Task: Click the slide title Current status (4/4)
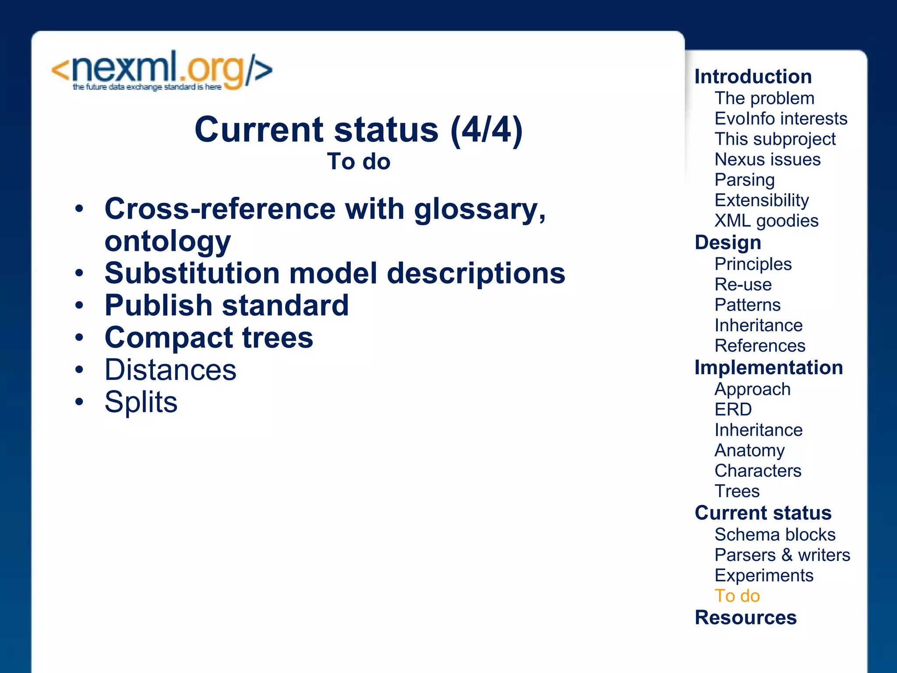pos(358,130)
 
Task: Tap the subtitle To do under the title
pos(358,161)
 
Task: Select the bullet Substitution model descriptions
pos(335,273)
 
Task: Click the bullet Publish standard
pos(226,305)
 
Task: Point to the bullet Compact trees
pos(209,337)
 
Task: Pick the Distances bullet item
pos(170,370)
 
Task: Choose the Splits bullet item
pos(141,402)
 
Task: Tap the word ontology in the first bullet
pos(167,241)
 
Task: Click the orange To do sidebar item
pos(737,596)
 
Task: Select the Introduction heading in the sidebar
pos(753,77)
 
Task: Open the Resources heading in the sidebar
pos(745,617)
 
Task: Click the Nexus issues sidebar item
pos(767,159)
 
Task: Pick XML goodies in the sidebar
pos(766,221)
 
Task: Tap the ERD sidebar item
pos(733,410)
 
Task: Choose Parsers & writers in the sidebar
pos(782,555)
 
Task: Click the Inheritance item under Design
pos(759,326)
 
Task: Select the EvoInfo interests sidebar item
pos(781,119)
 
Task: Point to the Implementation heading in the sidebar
pos(769,368)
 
